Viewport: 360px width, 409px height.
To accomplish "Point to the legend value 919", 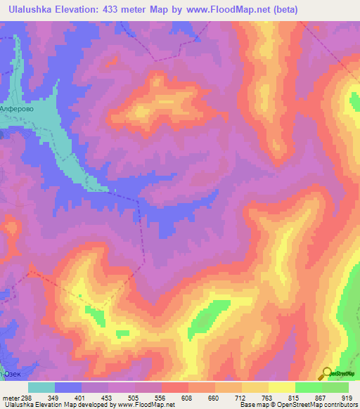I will coord(347,397).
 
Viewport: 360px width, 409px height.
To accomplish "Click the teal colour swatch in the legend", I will coord(41,387).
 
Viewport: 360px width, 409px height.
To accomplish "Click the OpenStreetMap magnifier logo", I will coord(328,373).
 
